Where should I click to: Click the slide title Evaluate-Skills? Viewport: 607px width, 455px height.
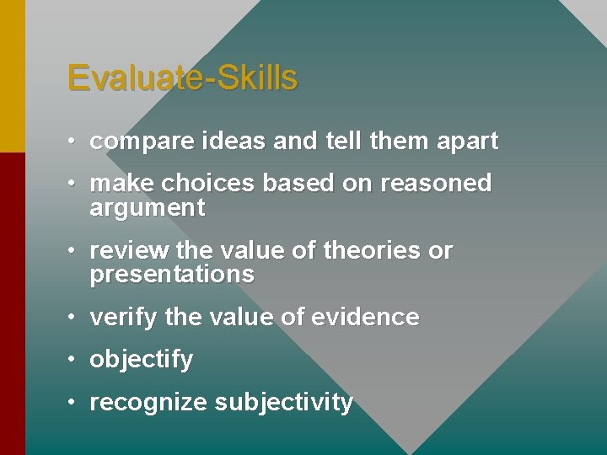[182, 78]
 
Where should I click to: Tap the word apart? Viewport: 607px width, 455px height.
[467, 142]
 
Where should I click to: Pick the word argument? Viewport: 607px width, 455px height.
[147, 209]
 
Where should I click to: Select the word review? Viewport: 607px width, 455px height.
[124, 251]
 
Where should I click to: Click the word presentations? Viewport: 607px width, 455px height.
[171, 275]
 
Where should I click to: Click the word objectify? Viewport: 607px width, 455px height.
[141, 360]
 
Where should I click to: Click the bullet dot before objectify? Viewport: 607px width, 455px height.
[74, 360]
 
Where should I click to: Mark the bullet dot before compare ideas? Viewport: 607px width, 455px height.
[74, 142]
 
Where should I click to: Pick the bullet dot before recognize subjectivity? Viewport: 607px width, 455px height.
[74, 403]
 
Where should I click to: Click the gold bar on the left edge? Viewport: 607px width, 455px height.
[12, 76]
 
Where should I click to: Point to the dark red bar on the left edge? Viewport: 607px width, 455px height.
[12, 303]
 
